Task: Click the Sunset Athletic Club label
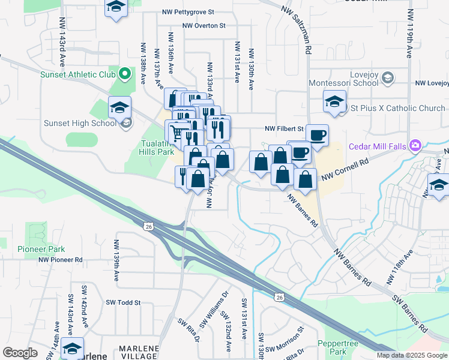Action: (77, 75)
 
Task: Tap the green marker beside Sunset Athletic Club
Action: (125, 75)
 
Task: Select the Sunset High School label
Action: (80, 124)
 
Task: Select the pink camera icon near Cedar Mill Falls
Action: (415, 145)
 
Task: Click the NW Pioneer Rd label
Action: (61, 260)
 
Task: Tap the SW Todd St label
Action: (122, 303)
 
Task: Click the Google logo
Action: (20, 353)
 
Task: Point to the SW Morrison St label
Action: (286, 340)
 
